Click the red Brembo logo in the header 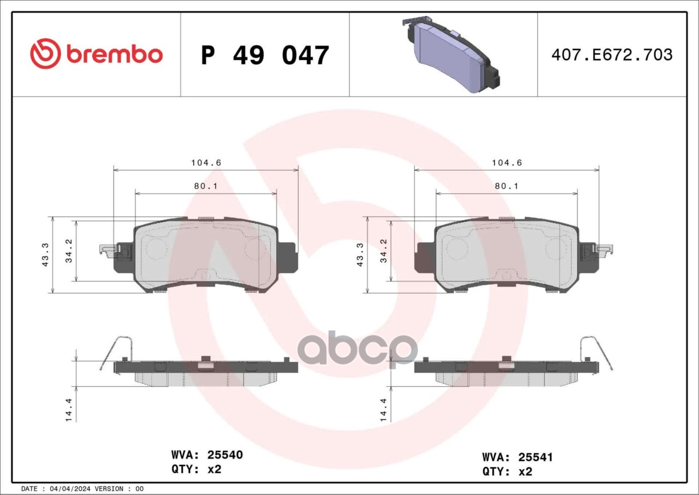click(x=97, y=54)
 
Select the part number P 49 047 click(x=265, y=55)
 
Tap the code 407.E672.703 click(x=612, y=55)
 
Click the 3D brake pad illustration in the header click(x=451, y=54)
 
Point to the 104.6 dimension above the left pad click(x=206, y=163)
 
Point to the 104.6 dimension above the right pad click(x=507, y=163)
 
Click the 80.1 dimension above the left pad click(x=206, y=186)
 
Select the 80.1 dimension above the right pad click(x=506, y=186)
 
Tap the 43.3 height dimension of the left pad click(x=45, y=255)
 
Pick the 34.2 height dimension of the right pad click(x=383, y=251)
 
